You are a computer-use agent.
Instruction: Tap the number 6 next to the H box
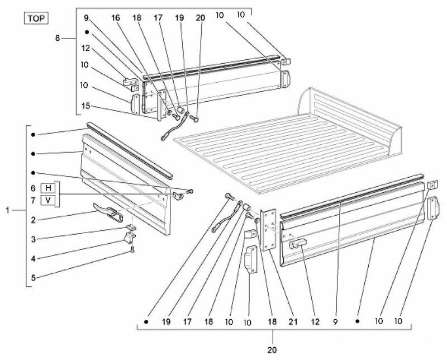pos(34,187)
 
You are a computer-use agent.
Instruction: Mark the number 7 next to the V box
pos(34,200)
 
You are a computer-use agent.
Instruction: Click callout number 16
pos(115,18)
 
